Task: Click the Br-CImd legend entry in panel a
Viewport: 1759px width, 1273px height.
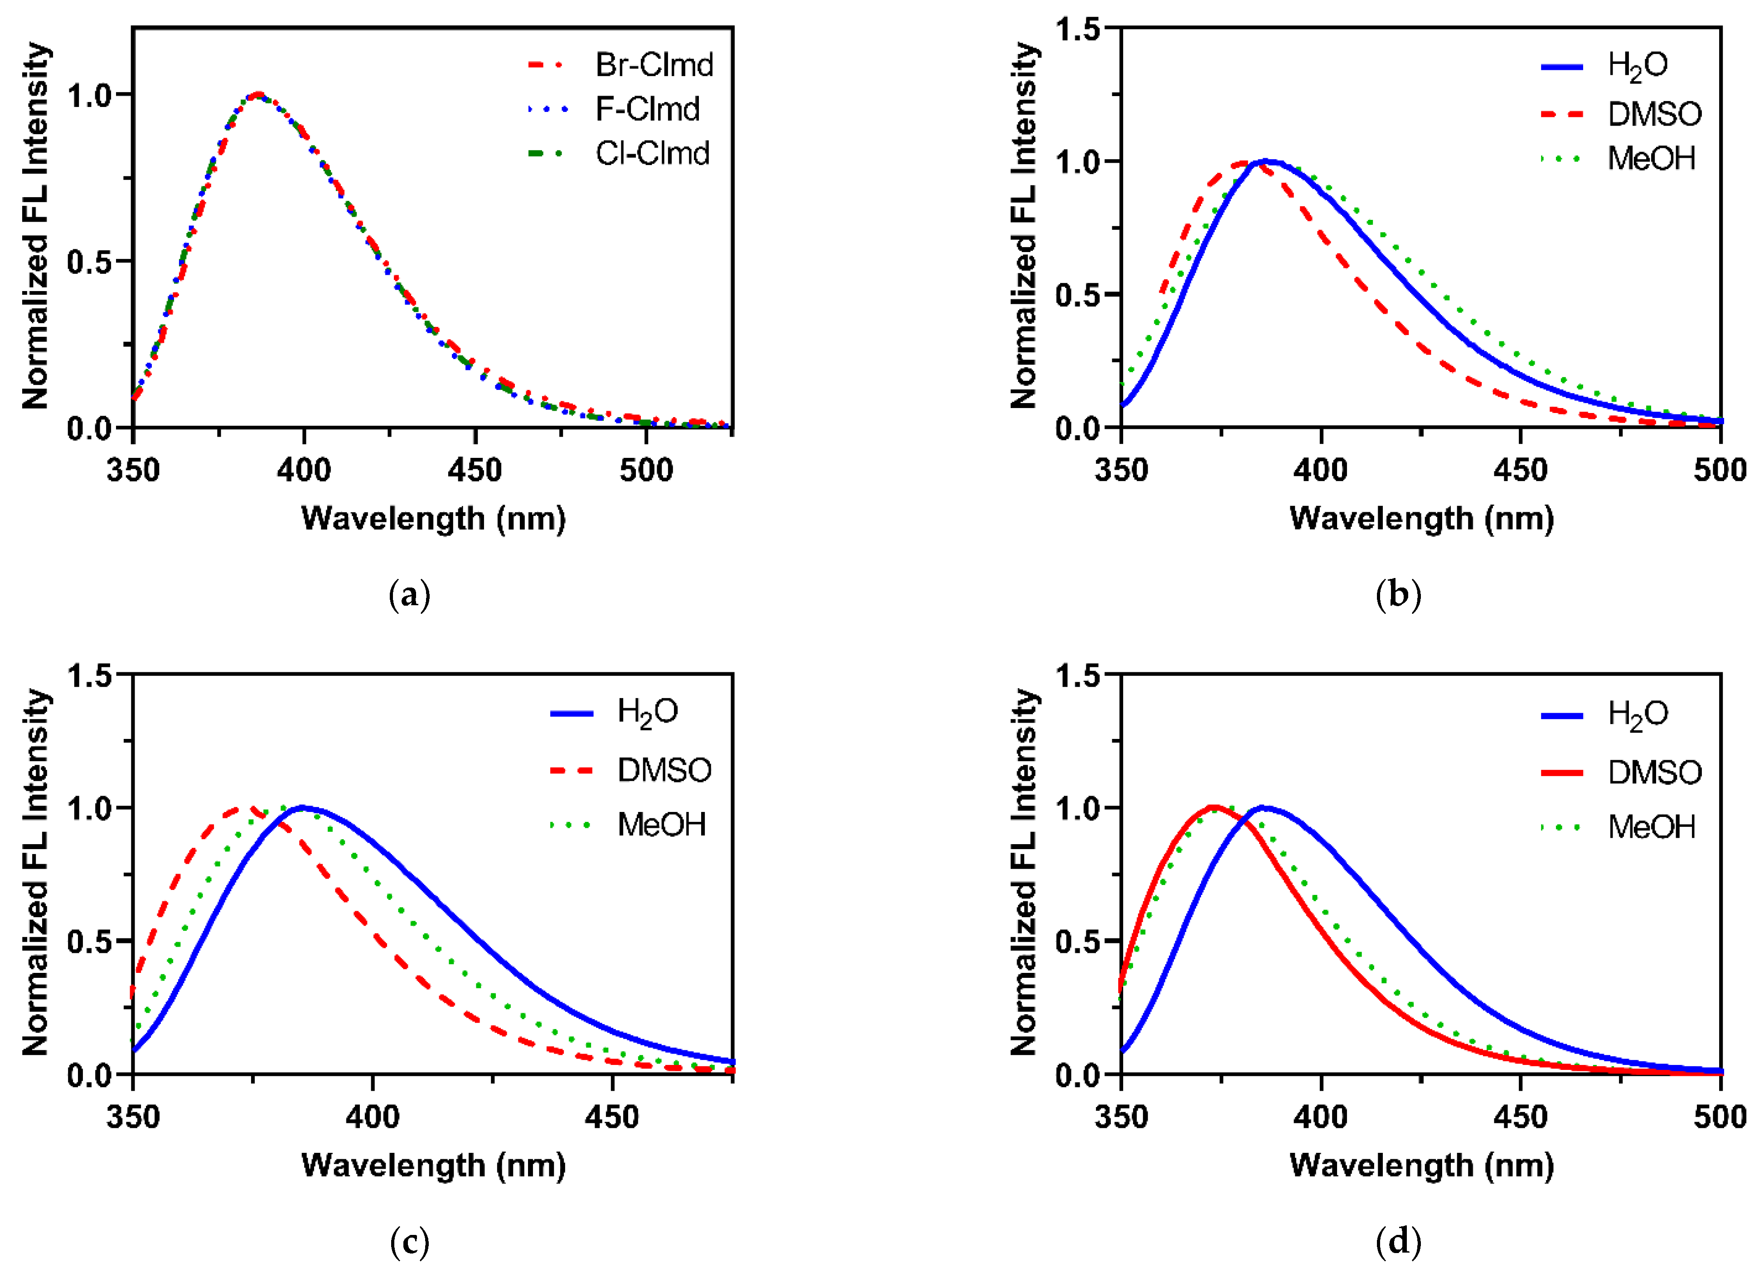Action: [653, 65]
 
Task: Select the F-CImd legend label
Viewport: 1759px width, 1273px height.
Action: [647, 109]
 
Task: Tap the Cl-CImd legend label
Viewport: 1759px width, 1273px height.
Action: [651, 154]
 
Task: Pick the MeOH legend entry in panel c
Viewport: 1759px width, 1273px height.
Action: [661, 825]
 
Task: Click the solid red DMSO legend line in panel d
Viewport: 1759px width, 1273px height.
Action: [1561, 773]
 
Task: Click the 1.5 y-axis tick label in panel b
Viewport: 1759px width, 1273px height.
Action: [1077, 29]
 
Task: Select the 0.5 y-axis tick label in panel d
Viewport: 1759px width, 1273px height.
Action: [1077, 942]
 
